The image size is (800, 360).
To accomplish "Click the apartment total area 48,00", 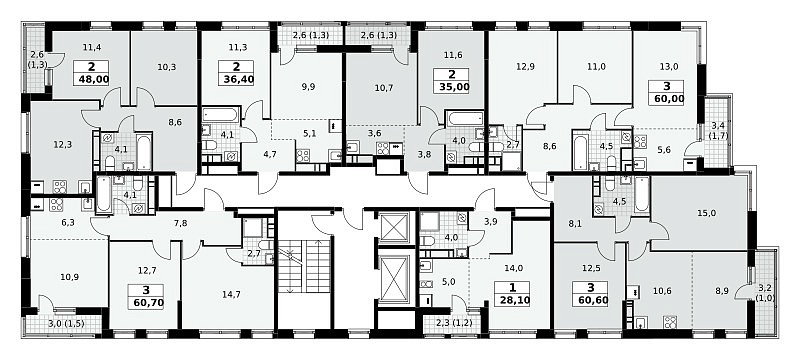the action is [91, 79].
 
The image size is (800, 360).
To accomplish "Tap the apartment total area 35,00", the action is [452, 86].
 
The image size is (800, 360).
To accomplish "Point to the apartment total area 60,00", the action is [666, 98].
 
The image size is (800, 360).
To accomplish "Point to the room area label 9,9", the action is [308, 86].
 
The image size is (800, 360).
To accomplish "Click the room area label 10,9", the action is [70, 278].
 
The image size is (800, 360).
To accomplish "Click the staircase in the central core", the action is [304, 266].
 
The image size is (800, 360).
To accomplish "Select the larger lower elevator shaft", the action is [394, 278].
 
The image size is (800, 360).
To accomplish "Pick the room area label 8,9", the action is [721, 292].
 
